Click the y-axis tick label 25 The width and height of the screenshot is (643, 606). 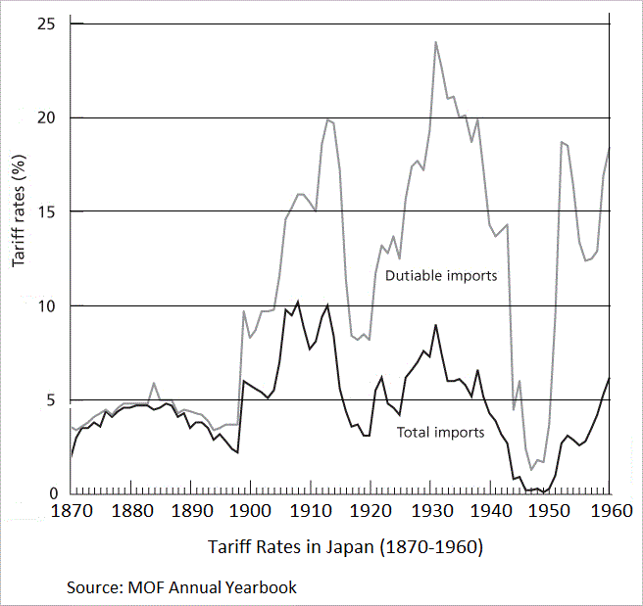coord(47,23)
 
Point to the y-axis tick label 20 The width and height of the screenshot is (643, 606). coord(47,117)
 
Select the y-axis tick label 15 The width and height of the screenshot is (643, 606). coord(47,211)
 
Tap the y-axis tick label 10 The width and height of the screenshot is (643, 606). coord(47,305)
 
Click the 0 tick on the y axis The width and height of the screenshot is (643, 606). coord(52,493)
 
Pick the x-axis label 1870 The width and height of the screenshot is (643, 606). coord(72,512)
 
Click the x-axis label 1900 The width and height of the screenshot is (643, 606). coord(252,512)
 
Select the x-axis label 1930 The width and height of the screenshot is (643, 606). coord(431,512)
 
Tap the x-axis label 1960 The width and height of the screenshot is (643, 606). coord(610,512)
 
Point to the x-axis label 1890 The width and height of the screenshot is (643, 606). coord(192,512)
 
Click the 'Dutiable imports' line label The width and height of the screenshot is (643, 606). coord(441,276)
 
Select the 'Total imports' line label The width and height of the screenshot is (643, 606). coord(440,432)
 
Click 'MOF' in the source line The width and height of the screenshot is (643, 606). coord(141,587)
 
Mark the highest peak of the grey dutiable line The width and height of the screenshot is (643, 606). coord(435,42)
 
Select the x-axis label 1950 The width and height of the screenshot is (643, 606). coord(551,512)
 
